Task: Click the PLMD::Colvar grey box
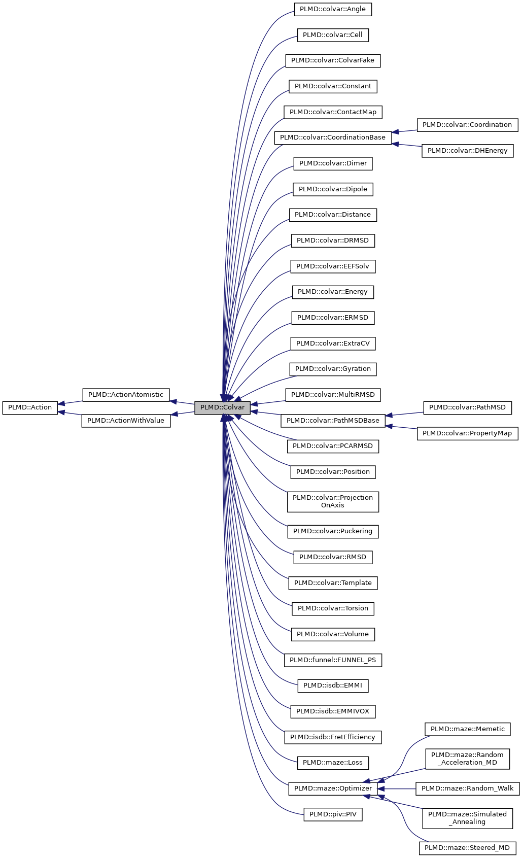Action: (222, 407)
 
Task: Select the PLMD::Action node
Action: (30, 407)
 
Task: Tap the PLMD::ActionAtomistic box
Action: (126, 395)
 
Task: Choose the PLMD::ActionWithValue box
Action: (126, 421)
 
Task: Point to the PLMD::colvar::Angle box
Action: (333, 9)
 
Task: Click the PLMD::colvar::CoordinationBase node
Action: (333, 138)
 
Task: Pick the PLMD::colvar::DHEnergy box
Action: (467, 151)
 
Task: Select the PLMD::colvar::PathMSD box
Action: (467, 407)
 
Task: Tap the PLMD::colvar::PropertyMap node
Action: (467, 433)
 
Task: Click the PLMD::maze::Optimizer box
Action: (333, 788)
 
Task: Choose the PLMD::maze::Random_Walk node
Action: (467, 788)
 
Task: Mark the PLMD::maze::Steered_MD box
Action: (467, 848)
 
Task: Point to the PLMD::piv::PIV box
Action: (333, 814)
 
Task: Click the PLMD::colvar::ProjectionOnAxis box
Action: (333, 502)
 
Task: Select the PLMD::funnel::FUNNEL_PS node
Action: (333, 660)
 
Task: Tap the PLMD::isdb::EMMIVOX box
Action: (333, 711)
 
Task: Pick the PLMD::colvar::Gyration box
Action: (333, 369)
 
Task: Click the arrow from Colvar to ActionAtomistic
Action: (182, 402)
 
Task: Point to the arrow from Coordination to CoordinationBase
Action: (404, 131)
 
